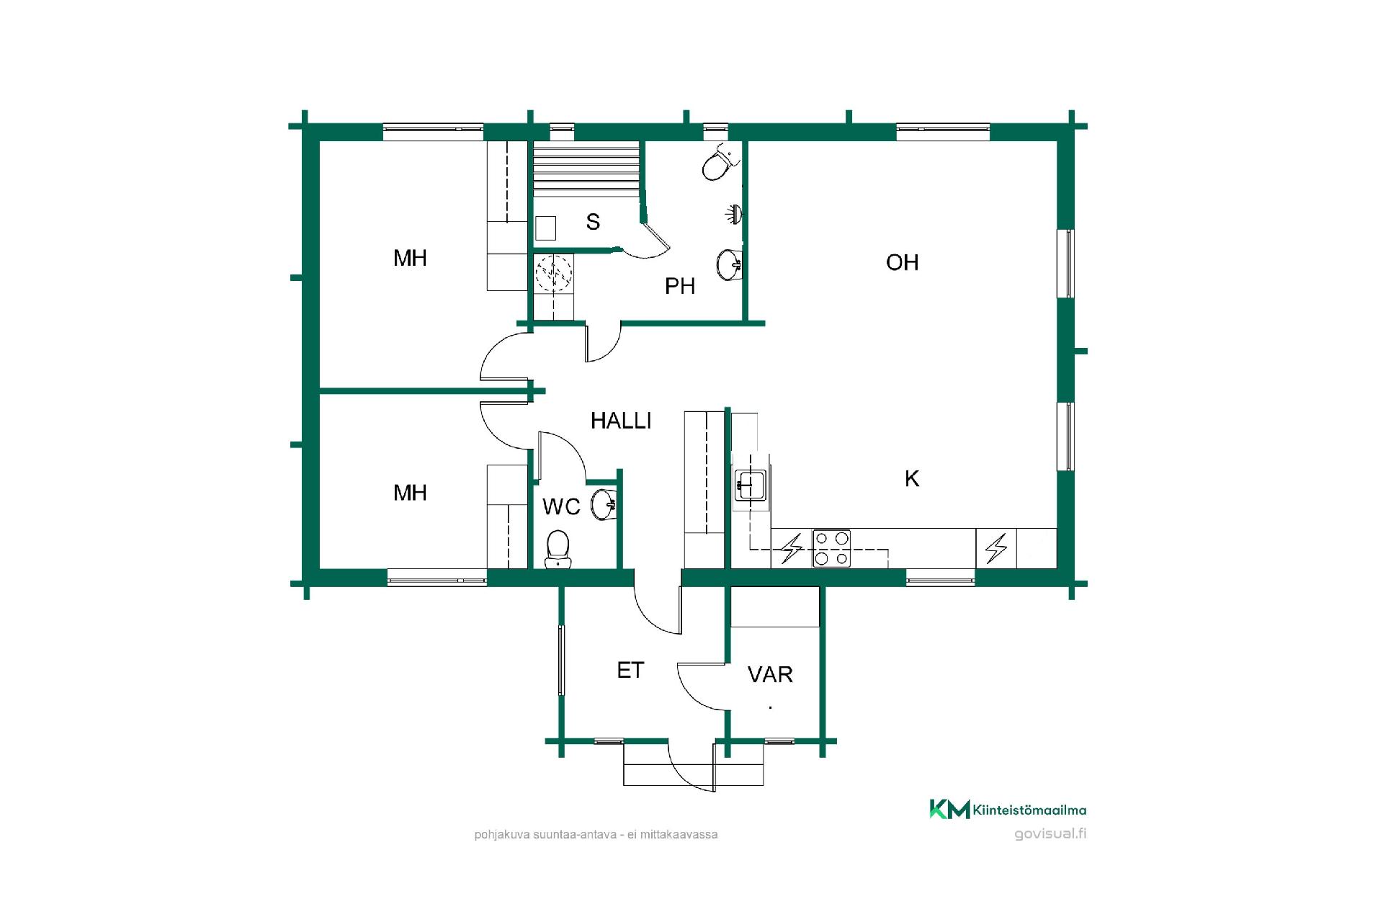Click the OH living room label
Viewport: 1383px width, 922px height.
point(902,262)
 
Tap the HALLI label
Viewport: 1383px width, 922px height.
point(621,421)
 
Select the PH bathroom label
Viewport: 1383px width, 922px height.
point(680,286)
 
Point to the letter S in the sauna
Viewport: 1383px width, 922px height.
point(593,222)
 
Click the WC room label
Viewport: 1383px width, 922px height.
point(561,507)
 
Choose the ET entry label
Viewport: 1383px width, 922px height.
point(630,671)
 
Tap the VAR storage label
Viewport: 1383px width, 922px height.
point(770,674)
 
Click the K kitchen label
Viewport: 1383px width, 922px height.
point(912,478)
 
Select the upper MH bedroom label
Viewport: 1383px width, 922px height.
point(410,258)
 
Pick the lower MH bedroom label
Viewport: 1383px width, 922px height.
point(410,493)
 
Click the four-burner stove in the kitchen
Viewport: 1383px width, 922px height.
point(831,548)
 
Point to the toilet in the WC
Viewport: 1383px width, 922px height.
point(558,549)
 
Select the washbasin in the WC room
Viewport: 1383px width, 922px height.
point(604,504)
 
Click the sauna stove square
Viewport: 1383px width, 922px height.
point(545,228)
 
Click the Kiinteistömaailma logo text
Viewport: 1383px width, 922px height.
point(1029,810)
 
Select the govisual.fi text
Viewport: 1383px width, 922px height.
point(1050,834)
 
